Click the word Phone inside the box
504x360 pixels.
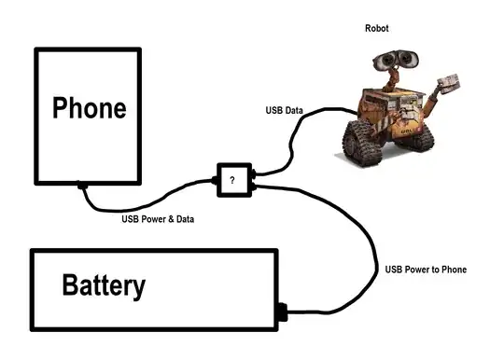[89, 108]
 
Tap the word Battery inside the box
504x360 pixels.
[104, 284]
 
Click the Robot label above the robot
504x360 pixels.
[376, 29]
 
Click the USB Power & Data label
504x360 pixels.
[158, 220]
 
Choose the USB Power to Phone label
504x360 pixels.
[426, 270]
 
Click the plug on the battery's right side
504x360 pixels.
[282, 312]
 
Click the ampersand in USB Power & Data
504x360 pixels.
[173, 220]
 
